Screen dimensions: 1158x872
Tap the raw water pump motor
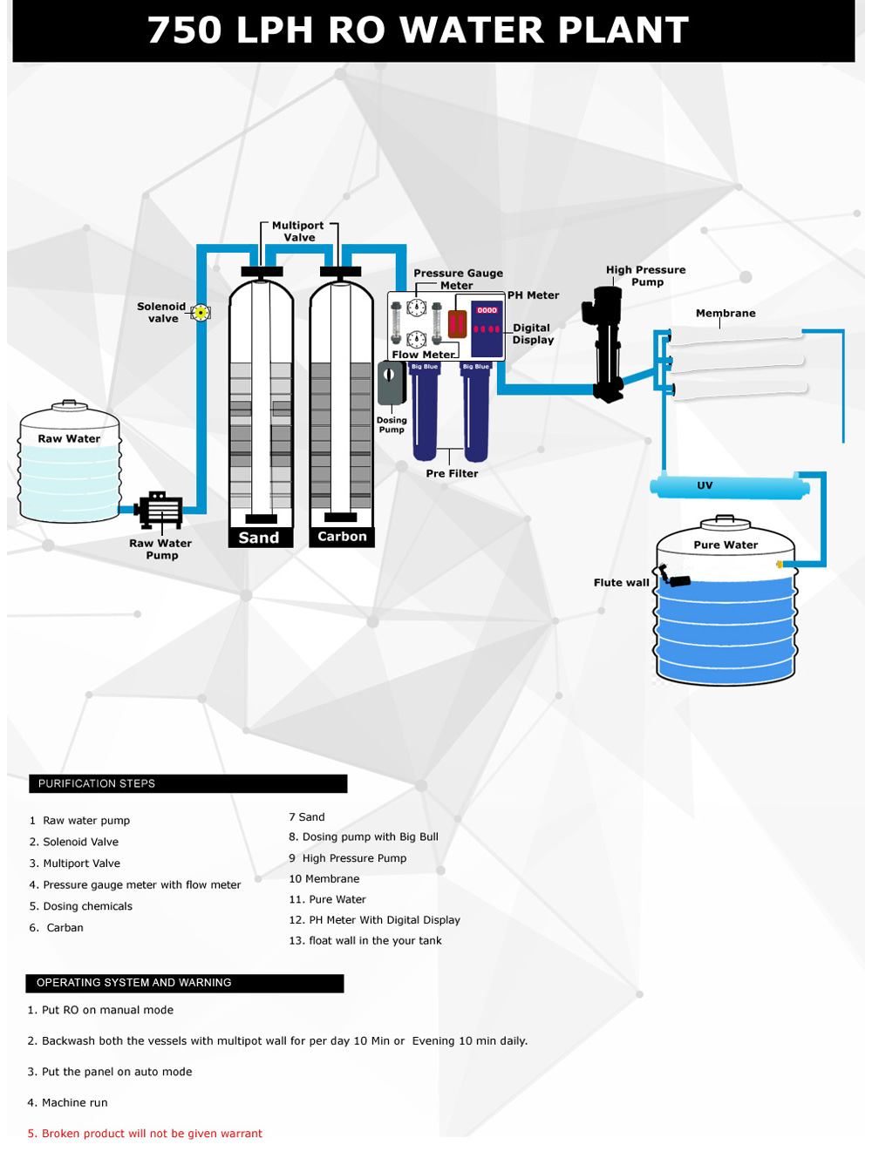tap(160, 511)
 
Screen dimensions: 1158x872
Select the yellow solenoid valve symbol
tap(201, 313)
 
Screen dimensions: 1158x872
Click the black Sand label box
tap(260, 538)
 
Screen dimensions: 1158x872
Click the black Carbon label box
tap(342, 537)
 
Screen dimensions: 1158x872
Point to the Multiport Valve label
tap(298, 232)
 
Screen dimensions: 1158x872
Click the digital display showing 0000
tap(487, 310)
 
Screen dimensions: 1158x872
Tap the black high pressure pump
tap(608, 344)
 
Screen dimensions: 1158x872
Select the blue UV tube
tap(730, 486)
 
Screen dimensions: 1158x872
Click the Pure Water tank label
tap(726, 545)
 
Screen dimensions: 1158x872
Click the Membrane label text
tap(726, 314)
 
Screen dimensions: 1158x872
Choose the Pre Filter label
tap(452, 474)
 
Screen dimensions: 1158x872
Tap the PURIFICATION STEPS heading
tap(97, 784)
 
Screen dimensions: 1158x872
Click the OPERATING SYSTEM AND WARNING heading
tap(134, 983)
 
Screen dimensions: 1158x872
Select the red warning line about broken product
tap(145, 1134)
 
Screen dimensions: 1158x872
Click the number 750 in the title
tap(185, 30)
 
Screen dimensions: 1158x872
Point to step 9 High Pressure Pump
tap(348, 858)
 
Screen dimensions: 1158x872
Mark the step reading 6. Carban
tap(57, 928)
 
